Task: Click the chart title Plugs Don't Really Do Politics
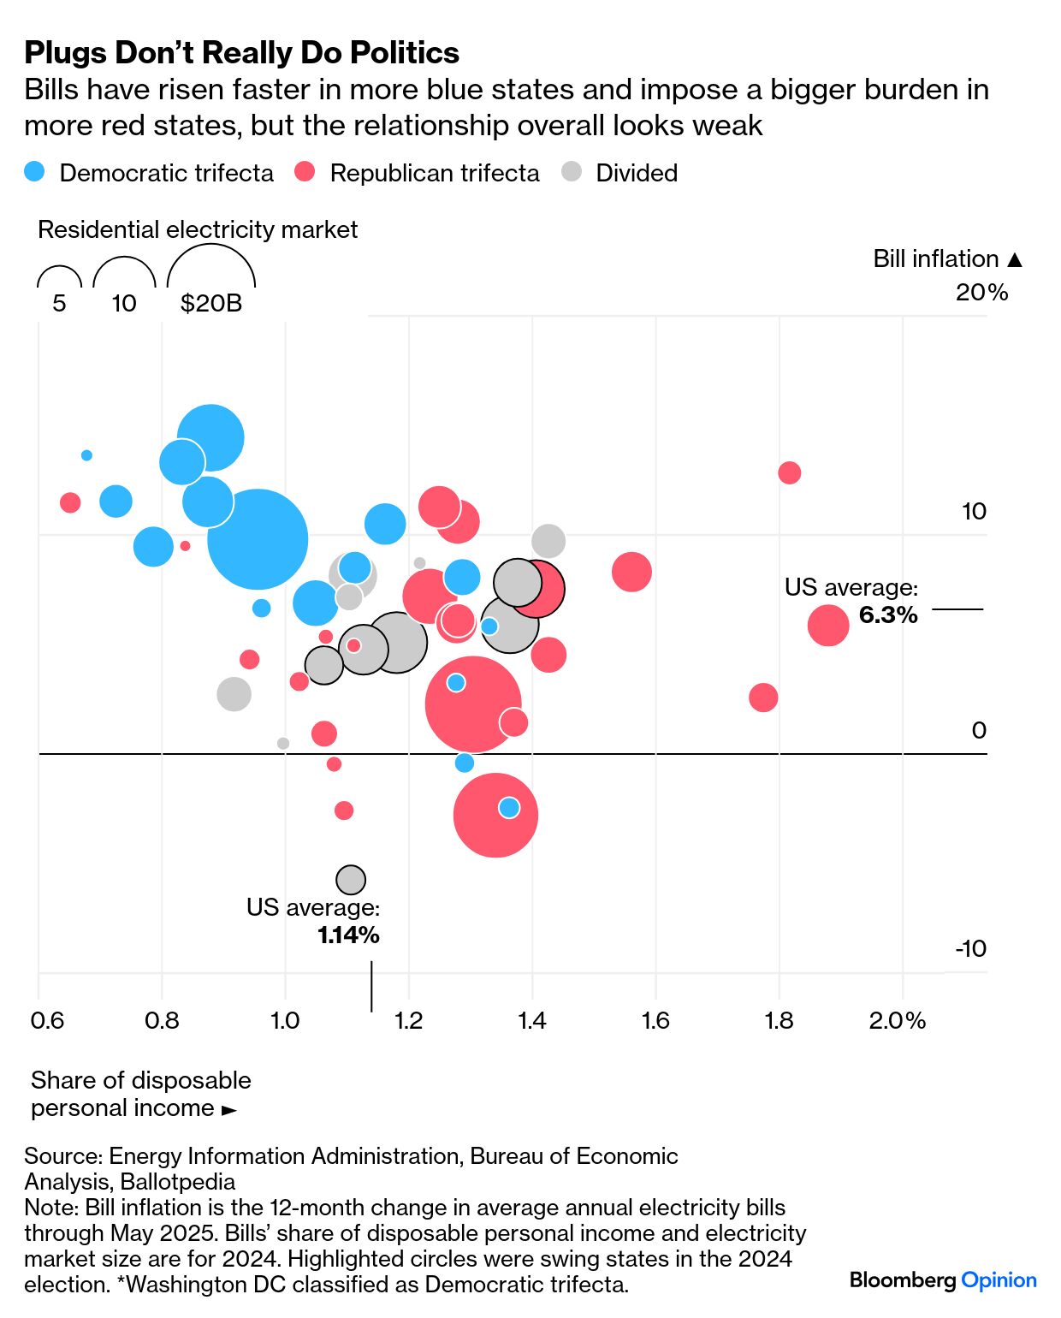point(241,53)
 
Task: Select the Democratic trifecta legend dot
point(35,172)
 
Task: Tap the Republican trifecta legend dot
point(305,172)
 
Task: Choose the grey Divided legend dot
point(572,172)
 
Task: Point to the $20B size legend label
point(211,303)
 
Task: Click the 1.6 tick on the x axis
point(655,1020)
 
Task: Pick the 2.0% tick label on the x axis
point(897,1020)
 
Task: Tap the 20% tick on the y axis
point(981,293)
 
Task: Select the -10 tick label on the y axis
point(970,948)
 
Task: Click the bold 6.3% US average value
point(888,614)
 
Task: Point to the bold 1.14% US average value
point(348,935)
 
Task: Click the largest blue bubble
point(258,539)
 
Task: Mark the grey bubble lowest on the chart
point(351,879)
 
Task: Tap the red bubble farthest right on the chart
point(828,625)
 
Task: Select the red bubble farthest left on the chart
point(70,502)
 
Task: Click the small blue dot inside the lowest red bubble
point(509,808)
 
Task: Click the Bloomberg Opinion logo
point(943,1280)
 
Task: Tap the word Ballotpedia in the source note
point(178,1182)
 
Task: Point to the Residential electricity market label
point(198,229)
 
